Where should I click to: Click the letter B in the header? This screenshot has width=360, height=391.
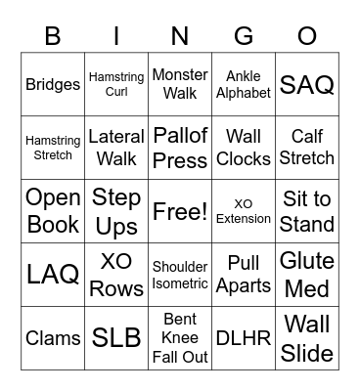coord(53,37)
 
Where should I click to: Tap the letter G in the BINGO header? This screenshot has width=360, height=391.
coord(244,37)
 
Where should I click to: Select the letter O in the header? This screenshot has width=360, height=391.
coord(307,37)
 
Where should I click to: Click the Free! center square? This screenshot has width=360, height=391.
coord(180,211)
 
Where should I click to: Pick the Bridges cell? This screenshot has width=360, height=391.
coord(53,85)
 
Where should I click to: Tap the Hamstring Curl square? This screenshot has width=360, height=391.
coord(116,85)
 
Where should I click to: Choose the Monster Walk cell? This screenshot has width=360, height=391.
coord(180,85)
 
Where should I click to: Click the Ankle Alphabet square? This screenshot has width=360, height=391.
coord(244,85)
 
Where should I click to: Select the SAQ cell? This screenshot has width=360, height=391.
coord(307,85)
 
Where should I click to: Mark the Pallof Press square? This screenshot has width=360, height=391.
coord(180,148)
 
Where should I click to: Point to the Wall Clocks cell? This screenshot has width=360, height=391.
coord(244,148)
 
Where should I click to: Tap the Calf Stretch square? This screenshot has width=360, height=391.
coord(307,148)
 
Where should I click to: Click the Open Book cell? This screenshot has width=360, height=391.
coord(53,211)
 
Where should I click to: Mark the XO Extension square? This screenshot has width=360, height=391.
coord(244,211)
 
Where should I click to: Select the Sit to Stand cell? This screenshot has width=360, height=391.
coord(307,211)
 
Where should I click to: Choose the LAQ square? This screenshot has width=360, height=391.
coord(53,275)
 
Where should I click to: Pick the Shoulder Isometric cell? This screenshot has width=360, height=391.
coord(180,275)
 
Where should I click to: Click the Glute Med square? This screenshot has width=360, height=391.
coord(307,275)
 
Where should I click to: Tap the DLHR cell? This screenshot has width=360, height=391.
coord(244,337)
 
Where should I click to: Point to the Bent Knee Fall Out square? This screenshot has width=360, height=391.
coord(180,337)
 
